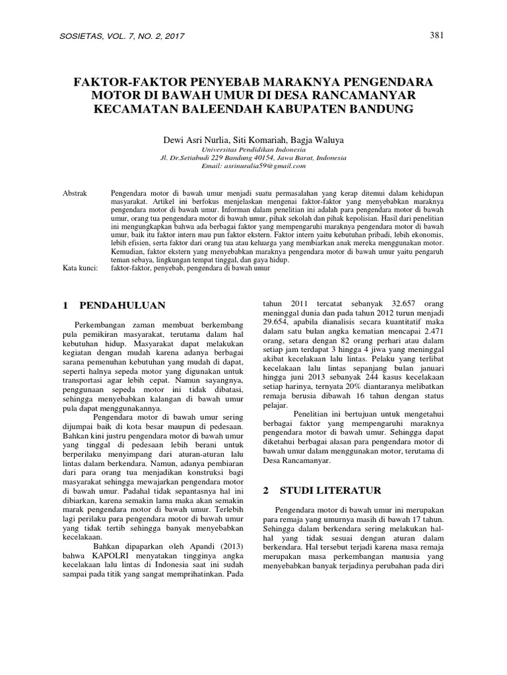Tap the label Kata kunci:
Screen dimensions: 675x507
(x=80, y=268)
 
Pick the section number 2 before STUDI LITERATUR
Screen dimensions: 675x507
(x=266, y=491)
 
